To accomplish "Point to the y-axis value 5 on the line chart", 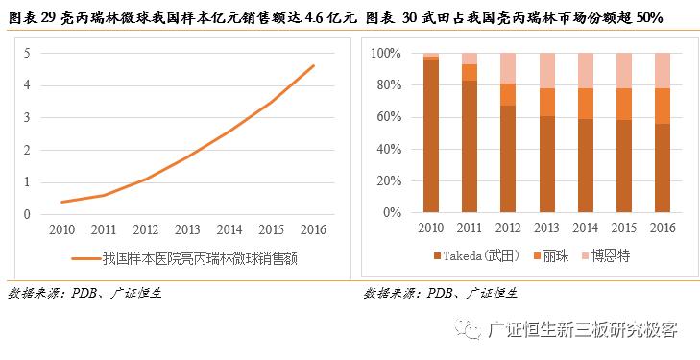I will coord(27,53).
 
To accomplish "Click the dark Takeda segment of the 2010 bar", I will coord(431,134).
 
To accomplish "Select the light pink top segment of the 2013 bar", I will coord(547,70).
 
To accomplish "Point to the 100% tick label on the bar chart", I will coord(384,53).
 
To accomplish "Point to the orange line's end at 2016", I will coord(313,66).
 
